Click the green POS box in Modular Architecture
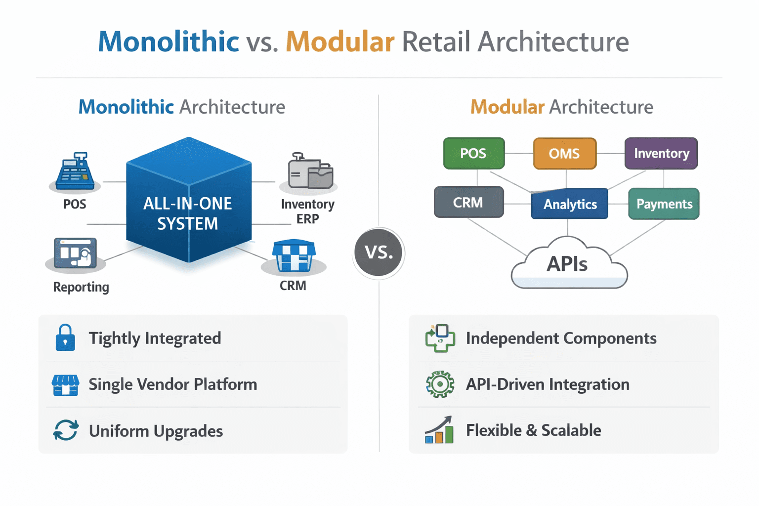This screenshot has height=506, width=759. pyautogui.click(x=474, y=154)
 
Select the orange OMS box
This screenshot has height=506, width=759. pyautogui.click(x=564, y=154)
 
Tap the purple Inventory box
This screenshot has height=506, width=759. pyautogui.click(x=661, y=154)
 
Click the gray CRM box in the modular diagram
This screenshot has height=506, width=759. pyautogui.click(x=468, y=202)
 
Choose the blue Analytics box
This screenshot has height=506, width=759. pyautogui.click(x=570, y=204)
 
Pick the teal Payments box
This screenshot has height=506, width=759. pyautogui.click(x=664, y=204)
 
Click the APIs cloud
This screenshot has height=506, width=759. pyautogui.click(x=568, y=264)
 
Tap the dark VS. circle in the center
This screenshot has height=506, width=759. pyautogui.click(x=379, y=253)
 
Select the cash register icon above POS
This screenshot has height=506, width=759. pyautogui.click(x=75, y=171)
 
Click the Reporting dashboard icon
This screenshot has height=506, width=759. pyautogui.click(x=75, y=253)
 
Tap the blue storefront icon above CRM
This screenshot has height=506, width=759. pyautogui.click(x=294, y=255)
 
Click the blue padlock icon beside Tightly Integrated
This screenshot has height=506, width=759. pyautogui.click(x=65, y=338)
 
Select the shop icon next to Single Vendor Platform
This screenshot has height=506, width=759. pyautogui.click(x=65, y=385)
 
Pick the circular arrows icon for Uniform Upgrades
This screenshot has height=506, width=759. pyautogui.click(x=65, y=430)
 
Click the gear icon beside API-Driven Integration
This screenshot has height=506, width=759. pyautogui.click(x=439, y=384)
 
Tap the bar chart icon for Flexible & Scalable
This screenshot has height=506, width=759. pyautogui.click(x=439, y=430)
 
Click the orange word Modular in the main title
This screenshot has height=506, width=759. pyautogui.click(x=340, y=42)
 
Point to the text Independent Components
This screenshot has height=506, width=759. pyautogui.click(x=561, y=338)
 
